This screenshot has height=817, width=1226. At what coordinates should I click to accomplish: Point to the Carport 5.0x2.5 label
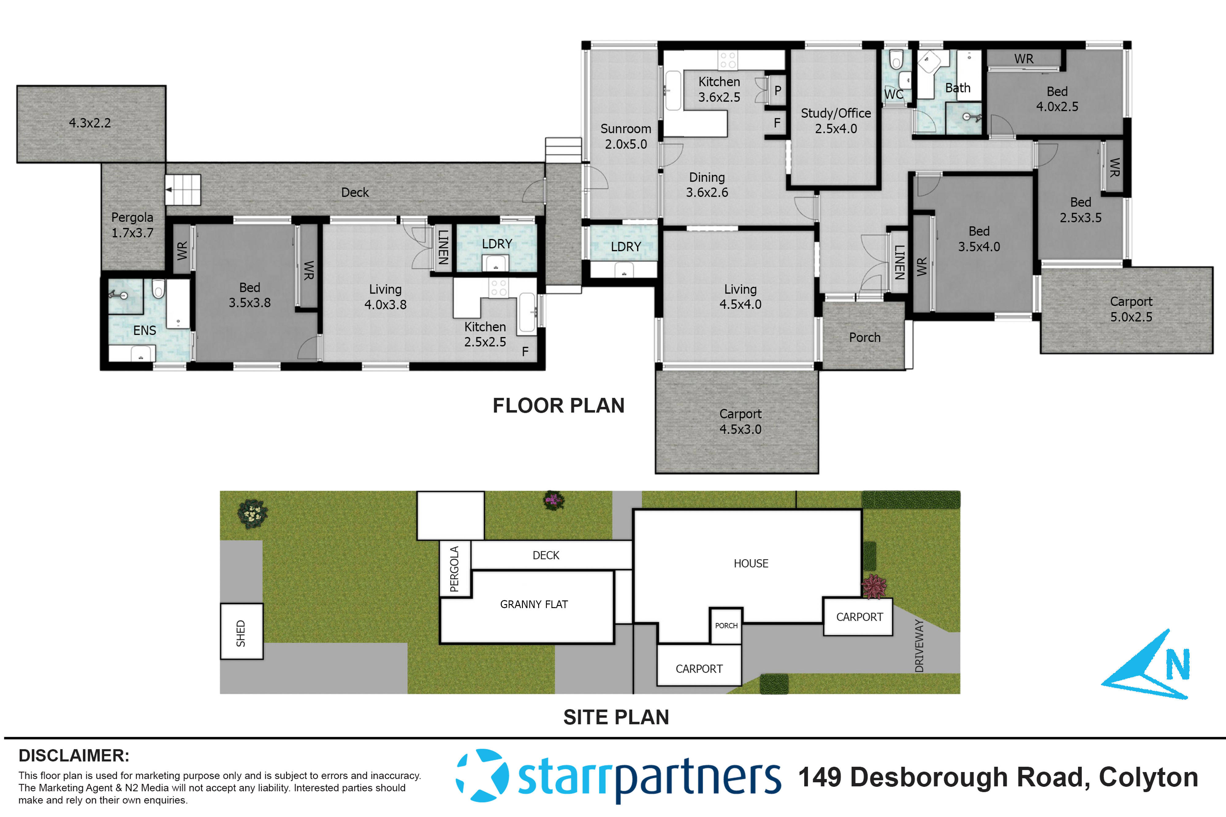(x=1131, y=309)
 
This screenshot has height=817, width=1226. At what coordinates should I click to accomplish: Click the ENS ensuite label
(x=144, y=330)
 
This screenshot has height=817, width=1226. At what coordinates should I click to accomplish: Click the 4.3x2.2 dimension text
(x=90, y=123)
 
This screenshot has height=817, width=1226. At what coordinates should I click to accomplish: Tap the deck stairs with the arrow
(x=183, y=190)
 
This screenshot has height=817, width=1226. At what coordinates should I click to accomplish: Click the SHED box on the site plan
(x=241, y=631)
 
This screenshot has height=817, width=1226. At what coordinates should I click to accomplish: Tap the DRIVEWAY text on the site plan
(x=919, y=646)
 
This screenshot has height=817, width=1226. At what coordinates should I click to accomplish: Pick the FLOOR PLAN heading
(x=558, y=405)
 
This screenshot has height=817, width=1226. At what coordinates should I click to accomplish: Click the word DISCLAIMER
(x=74, y=755)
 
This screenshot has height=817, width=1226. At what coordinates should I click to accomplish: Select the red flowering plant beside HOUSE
(x=874, y=587)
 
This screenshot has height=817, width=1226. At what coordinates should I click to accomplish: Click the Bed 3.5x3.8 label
(x=250, y=295)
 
